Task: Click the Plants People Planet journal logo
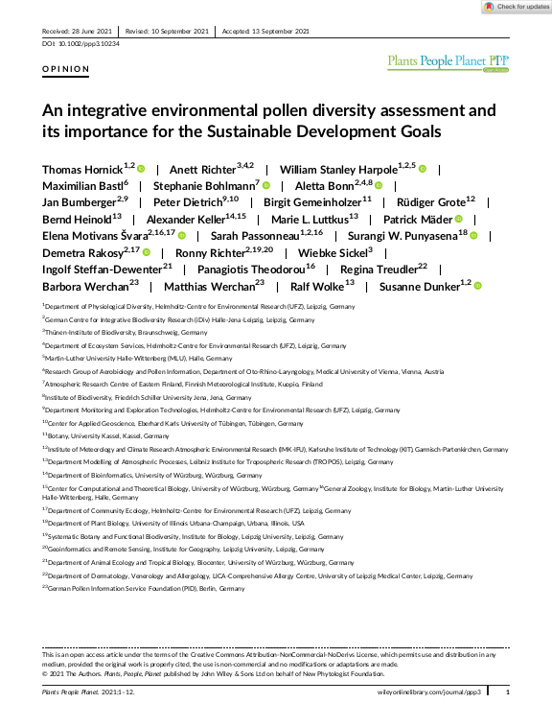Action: point(448,63)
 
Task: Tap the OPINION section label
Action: point(66,69)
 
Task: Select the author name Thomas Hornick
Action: point(80,169)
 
